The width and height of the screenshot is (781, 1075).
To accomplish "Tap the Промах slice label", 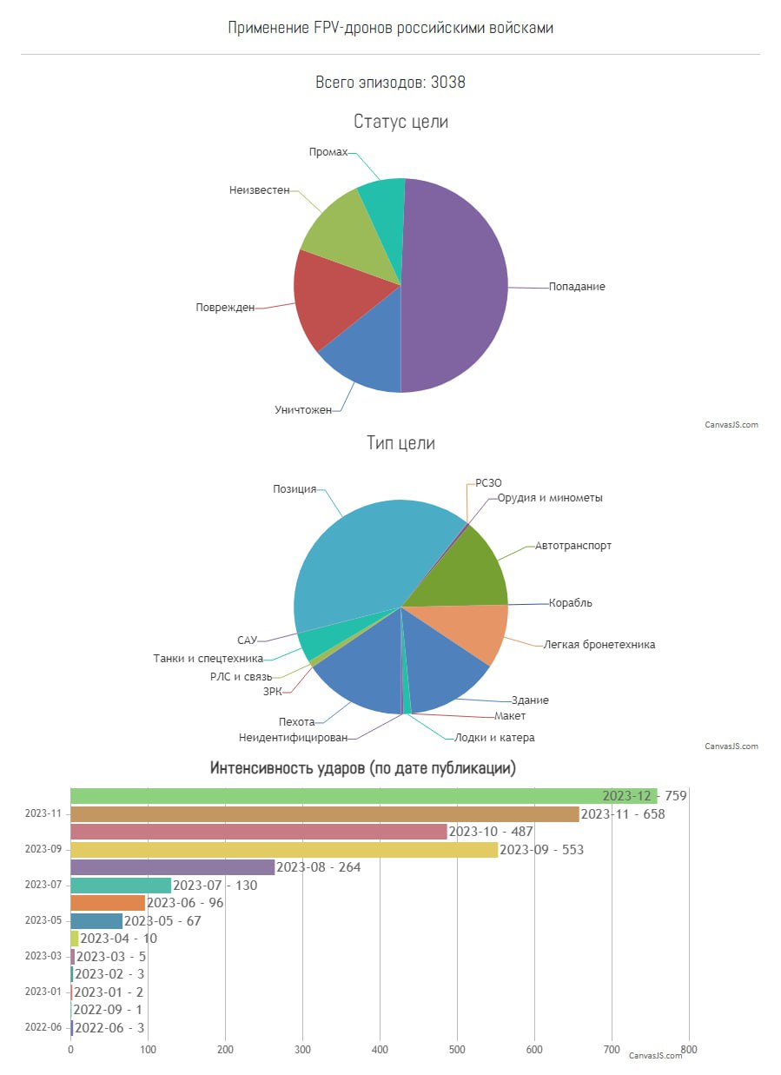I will click(x=328, y=152).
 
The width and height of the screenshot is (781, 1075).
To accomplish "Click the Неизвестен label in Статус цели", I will click(x=260, y=189).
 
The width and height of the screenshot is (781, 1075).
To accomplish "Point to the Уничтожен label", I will click(x=303, y=409).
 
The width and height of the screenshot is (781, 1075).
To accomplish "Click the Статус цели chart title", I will click(x=400, y=122).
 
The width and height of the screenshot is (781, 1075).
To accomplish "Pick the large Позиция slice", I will click(x=365, y=556).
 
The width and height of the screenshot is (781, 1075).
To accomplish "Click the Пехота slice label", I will click(x=297, y=721).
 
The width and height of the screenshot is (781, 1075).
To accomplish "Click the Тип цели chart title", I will click(x=400, y=443).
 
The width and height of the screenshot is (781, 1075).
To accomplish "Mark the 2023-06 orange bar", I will click(x=108, y=903).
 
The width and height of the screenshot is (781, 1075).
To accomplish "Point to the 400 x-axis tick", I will click(x=380, y=1049).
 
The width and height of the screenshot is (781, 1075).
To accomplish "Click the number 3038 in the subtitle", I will click(x=448, y=83).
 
